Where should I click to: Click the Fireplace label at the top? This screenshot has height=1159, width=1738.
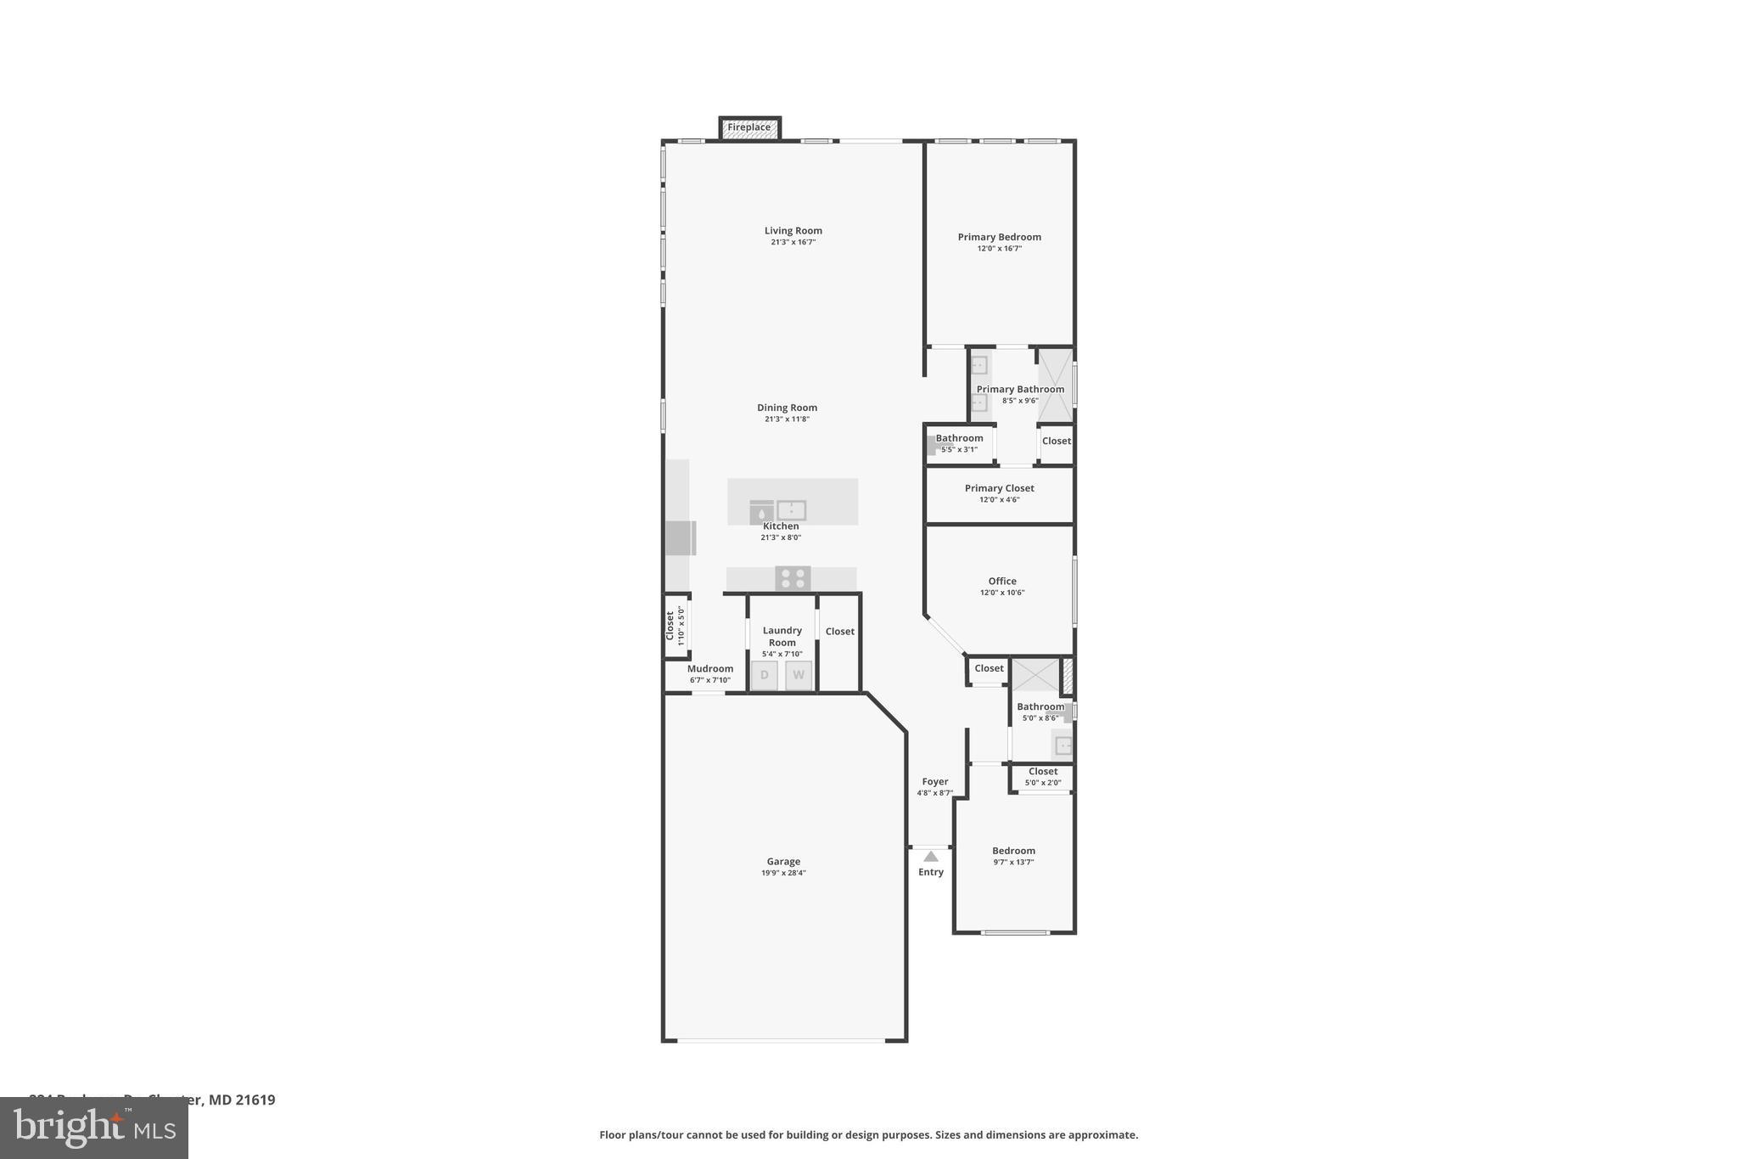pos(749,127)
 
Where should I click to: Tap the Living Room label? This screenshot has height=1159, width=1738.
pos(793,230)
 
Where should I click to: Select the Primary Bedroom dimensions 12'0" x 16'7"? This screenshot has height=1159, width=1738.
pos(999,249)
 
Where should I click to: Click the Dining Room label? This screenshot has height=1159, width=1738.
pos(787,408)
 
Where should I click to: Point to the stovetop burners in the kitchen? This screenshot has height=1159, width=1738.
pos(793,578)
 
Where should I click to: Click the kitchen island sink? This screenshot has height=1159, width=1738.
pos(791,510)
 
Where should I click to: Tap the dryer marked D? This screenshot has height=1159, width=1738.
pos(764,675)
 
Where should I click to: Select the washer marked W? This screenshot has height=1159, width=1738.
pos(799,675)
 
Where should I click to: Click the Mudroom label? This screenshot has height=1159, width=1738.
pos(710,668)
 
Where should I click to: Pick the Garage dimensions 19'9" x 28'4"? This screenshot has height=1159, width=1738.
pos(783,873)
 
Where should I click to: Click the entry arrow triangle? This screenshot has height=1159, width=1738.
pos(931,856)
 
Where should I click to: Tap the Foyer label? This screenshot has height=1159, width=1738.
pos(935,781)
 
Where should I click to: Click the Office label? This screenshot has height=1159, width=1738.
pos(1002,581)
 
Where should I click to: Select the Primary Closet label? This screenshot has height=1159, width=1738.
pos(999,488)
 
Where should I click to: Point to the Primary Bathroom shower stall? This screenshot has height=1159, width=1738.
pos(1055,385)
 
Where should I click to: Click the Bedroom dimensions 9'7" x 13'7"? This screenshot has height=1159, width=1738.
pos(1013,862)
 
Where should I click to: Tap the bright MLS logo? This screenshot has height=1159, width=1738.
pos(94,1128)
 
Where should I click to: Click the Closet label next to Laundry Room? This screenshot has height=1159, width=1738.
pos(840,631)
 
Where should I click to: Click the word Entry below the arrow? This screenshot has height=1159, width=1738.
pos(931,872)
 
